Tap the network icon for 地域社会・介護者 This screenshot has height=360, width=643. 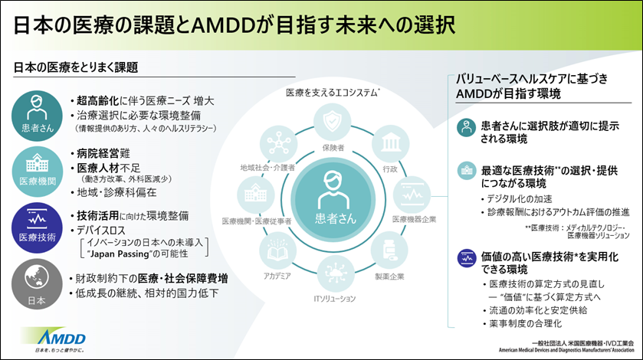click(276, 143)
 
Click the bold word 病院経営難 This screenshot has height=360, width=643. click(103, 153)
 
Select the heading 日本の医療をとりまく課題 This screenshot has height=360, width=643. click(76, 67)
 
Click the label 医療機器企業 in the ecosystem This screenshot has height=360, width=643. click(414, 219)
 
